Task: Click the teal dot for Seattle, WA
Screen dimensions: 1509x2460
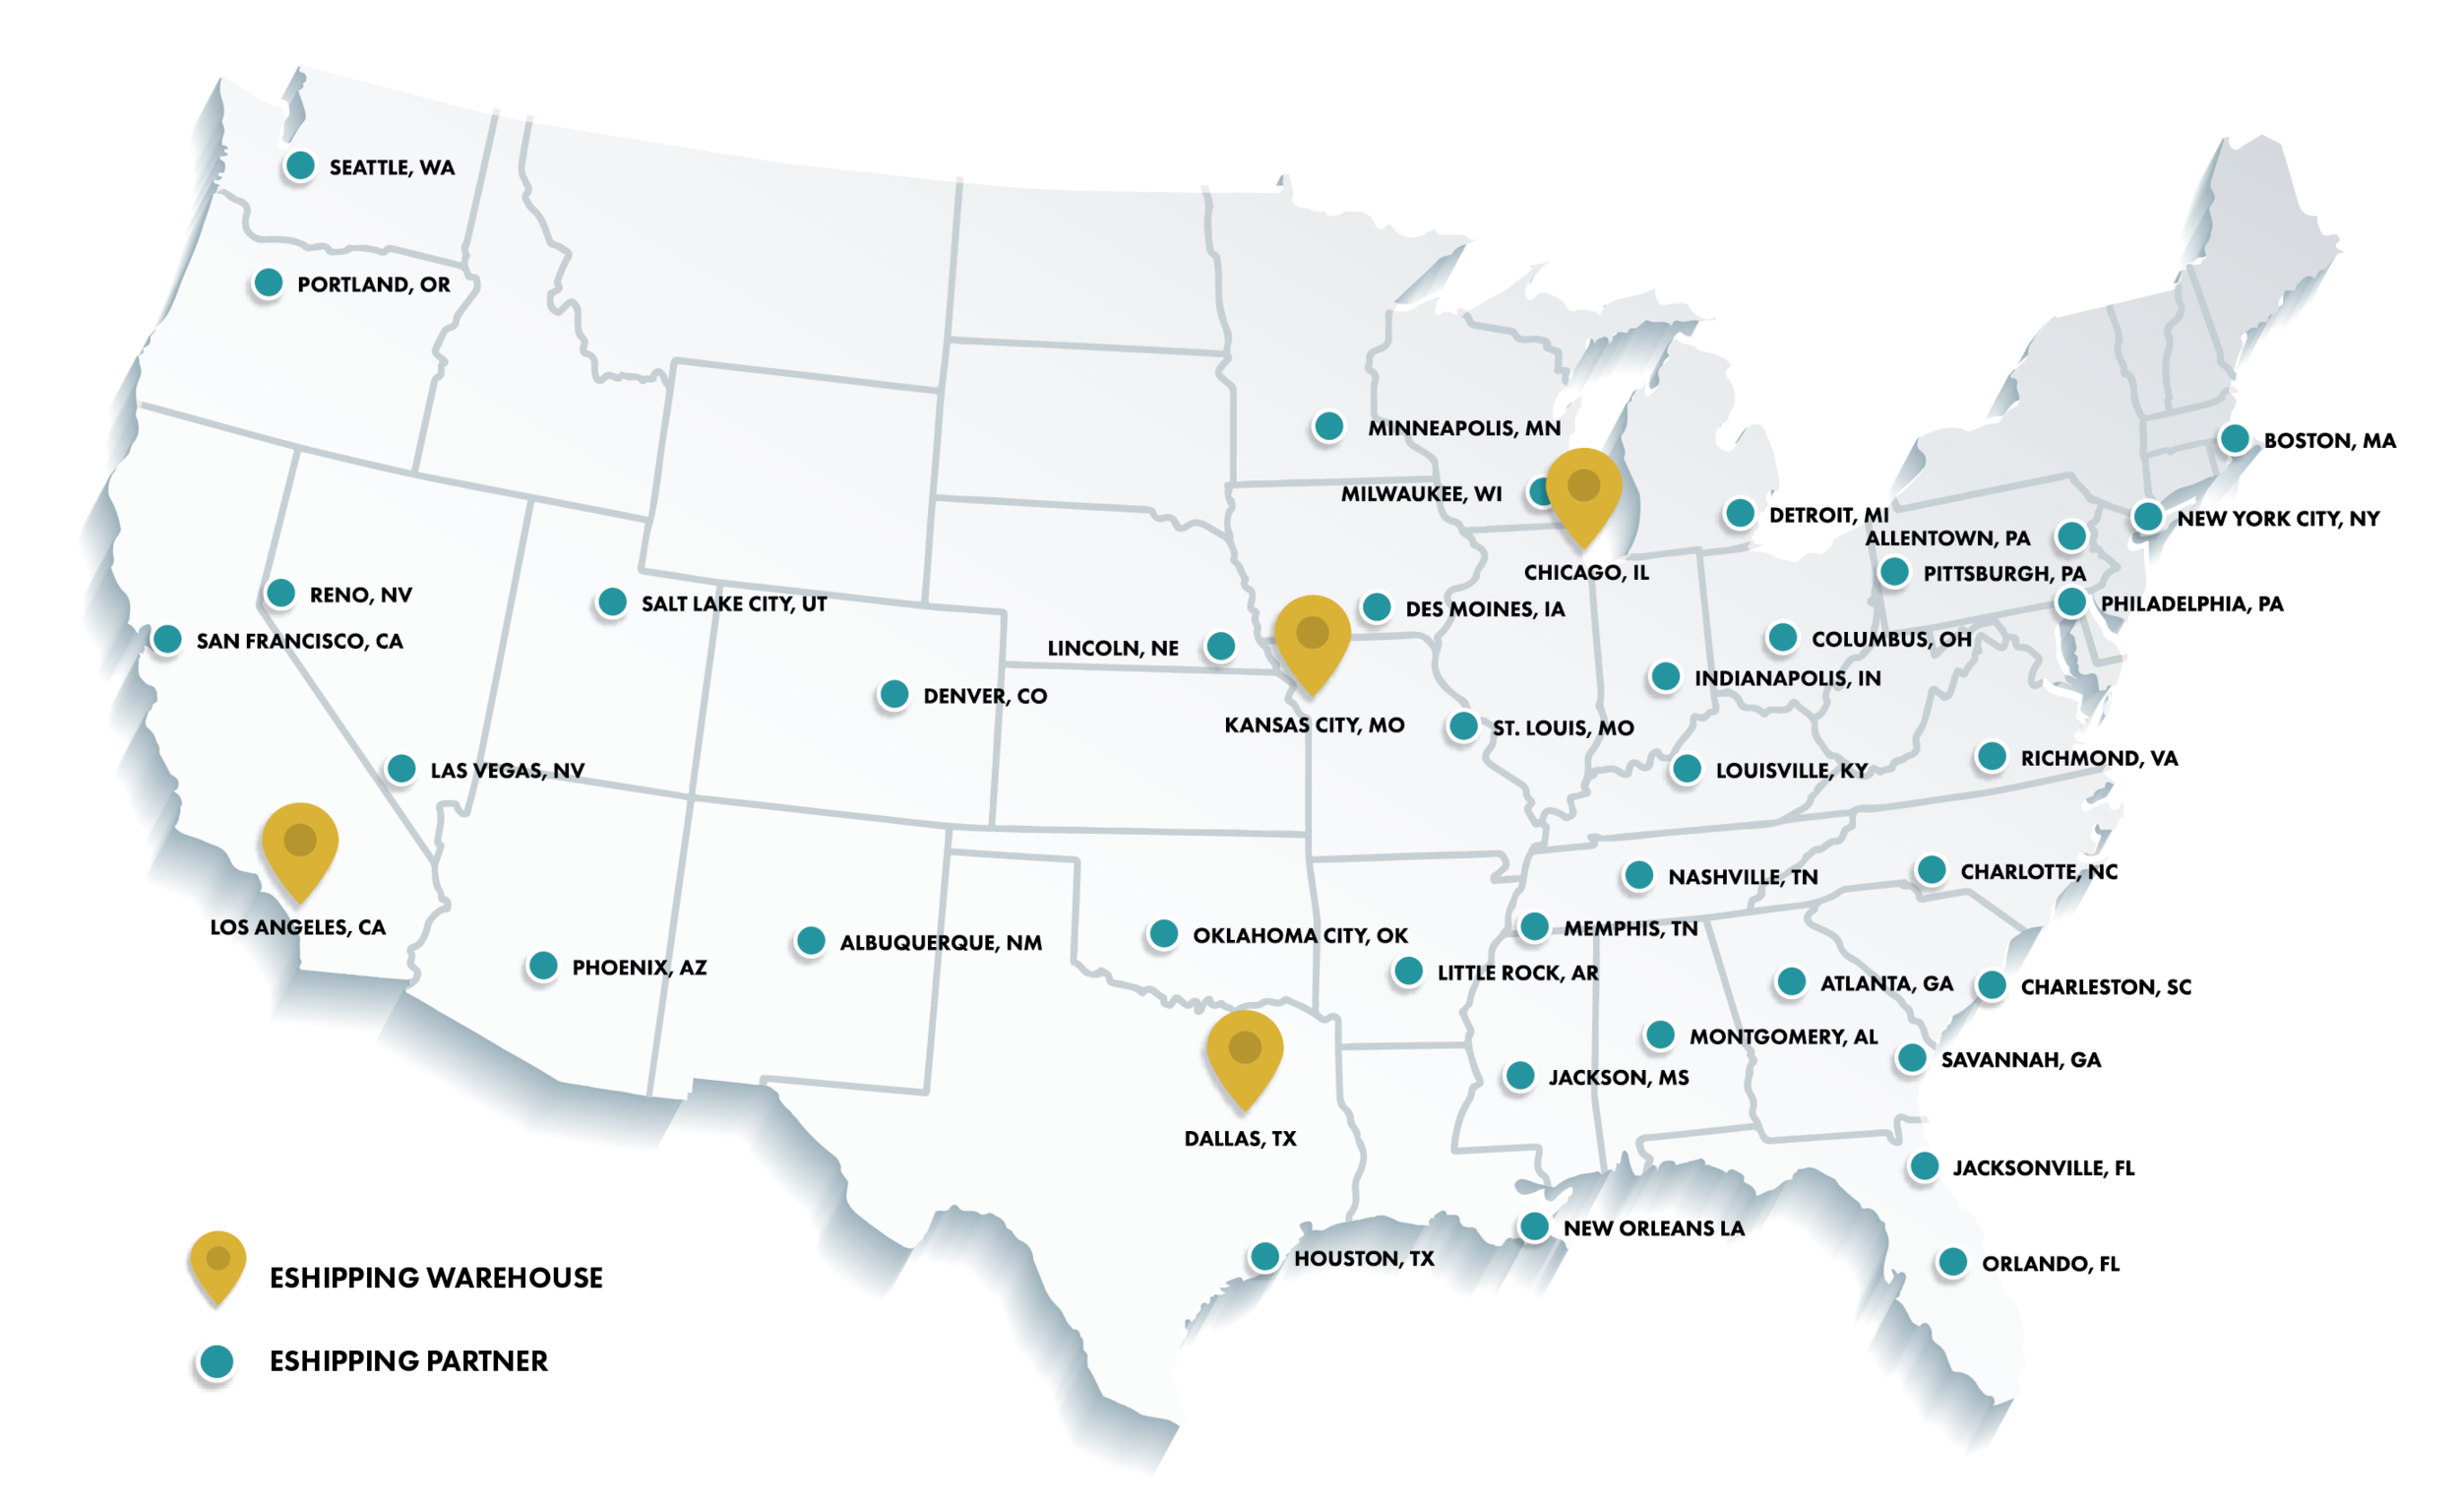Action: coord(299,165)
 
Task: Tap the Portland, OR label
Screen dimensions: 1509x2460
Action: coord(373,284)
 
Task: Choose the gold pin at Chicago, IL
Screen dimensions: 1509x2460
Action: coord(1583,492)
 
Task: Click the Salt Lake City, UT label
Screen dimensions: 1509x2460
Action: coord(734,604)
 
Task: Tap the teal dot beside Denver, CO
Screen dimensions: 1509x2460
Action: coord(893,694)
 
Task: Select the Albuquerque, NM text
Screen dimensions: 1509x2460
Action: coord(941,943)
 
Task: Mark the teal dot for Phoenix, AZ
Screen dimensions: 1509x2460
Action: coord(543,966)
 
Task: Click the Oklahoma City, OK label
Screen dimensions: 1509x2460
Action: coord(1300,936)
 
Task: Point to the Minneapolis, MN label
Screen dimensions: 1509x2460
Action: coord(1463,428)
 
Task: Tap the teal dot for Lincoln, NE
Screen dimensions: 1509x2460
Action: coord(1220,646)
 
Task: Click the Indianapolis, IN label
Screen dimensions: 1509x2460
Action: coord(1787,679)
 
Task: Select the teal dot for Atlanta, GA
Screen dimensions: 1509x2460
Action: coord(1791,981)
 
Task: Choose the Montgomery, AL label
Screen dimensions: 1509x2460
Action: coord(1783,1037)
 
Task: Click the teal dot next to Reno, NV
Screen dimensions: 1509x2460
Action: coord(280,594)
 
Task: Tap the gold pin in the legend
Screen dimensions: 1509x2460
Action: coord(217,1262)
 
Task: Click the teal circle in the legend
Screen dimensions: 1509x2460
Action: coord(216,1361)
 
